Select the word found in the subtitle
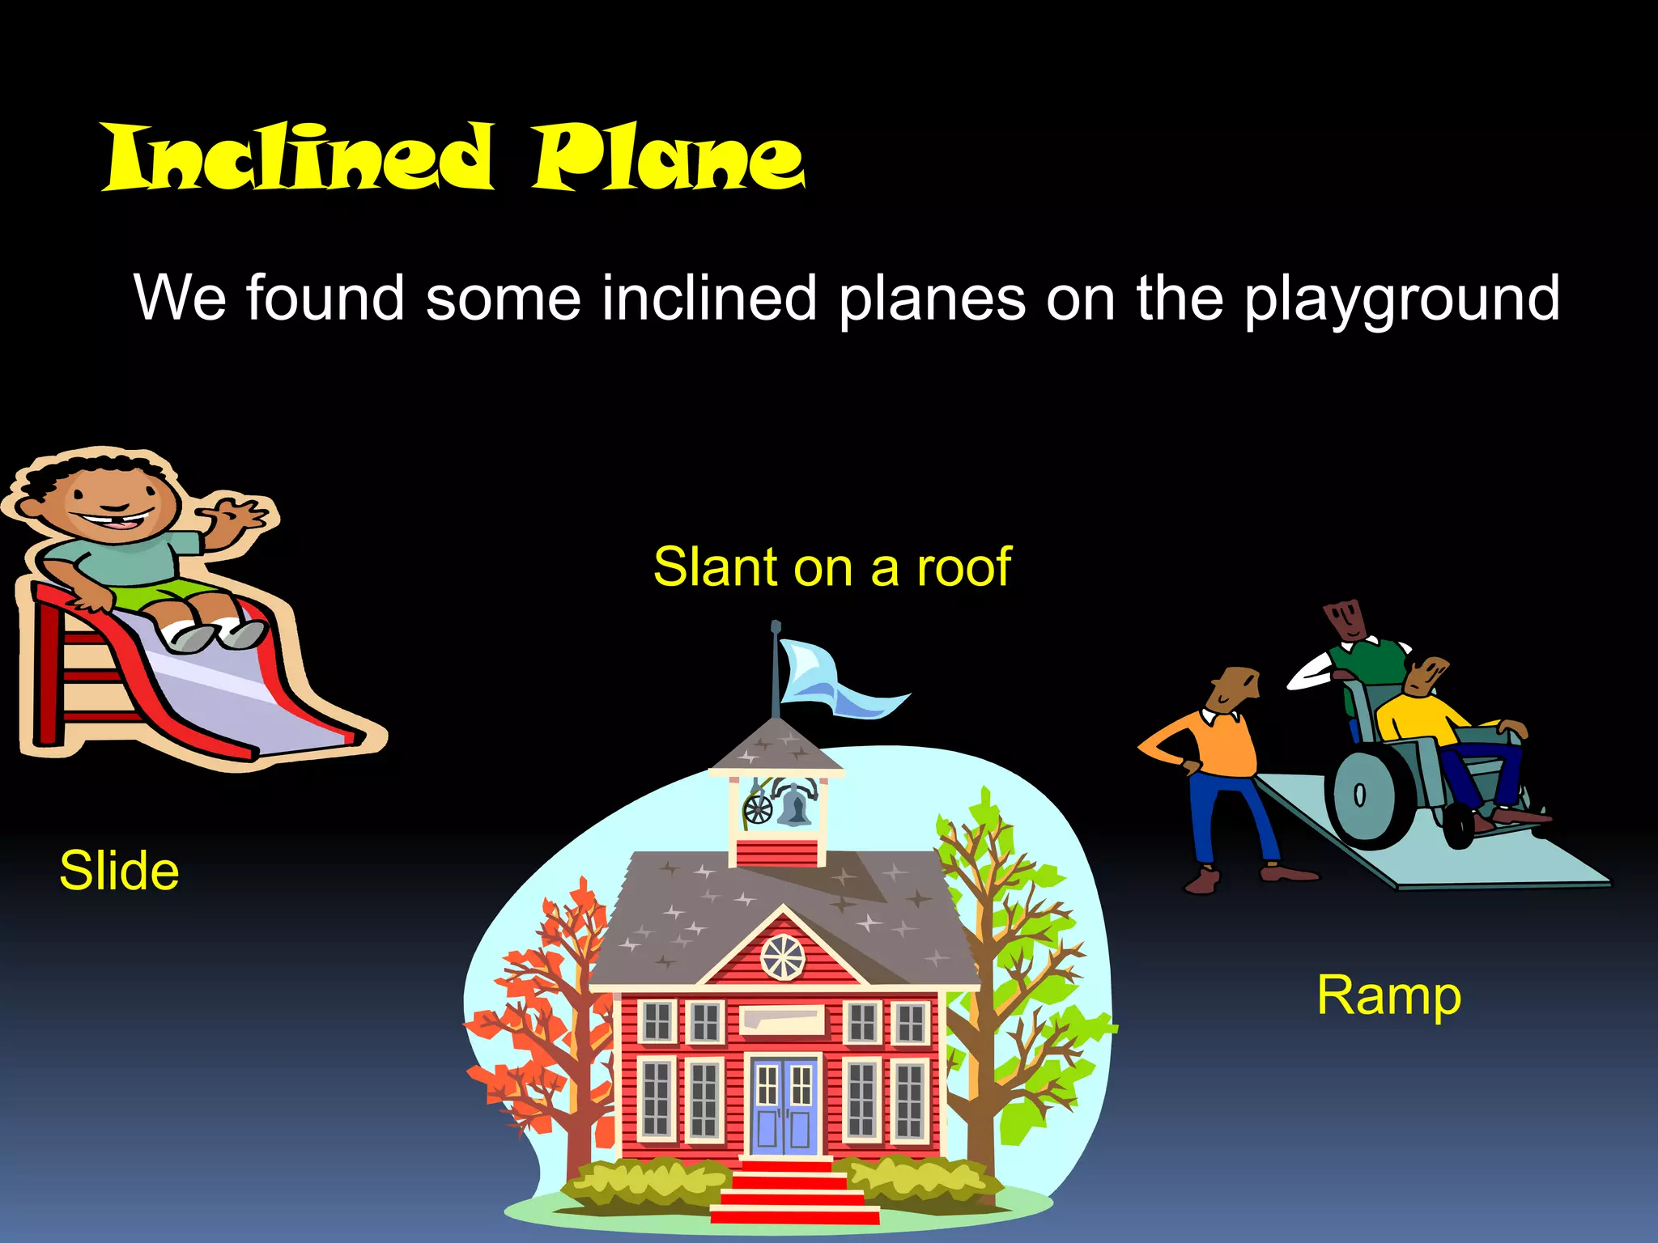[x=325, y=298]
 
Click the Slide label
[x=119, y=871]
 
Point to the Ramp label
[x=1388, y=996]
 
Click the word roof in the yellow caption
[x=963, y=566]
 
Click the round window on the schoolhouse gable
[x=783, y=957]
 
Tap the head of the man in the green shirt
[x=1346, y=620]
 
